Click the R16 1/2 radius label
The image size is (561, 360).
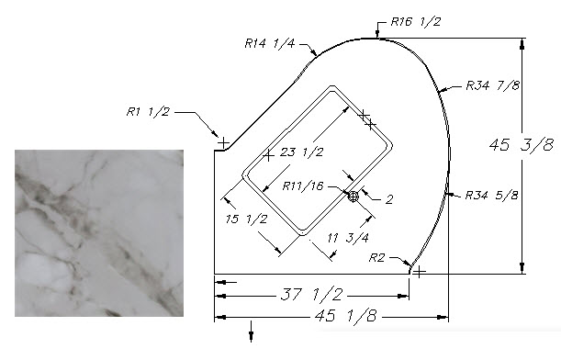click(416, 22)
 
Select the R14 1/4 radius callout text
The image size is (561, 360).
click(269, 44)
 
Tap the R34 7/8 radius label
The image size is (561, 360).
click(492, 85)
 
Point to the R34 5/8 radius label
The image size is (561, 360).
click(491, 196)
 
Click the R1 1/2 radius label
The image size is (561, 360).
click(148, 112)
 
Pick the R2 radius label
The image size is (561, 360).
click(376, 258)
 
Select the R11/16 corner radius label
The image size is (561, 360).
click(303, 186)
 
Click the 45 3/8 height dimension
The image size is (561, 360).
click(522, 144)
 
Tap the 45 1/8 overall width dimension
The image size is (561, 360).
click(345, 316)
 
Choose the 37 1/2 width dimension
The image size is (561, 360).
click(311, 295)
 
